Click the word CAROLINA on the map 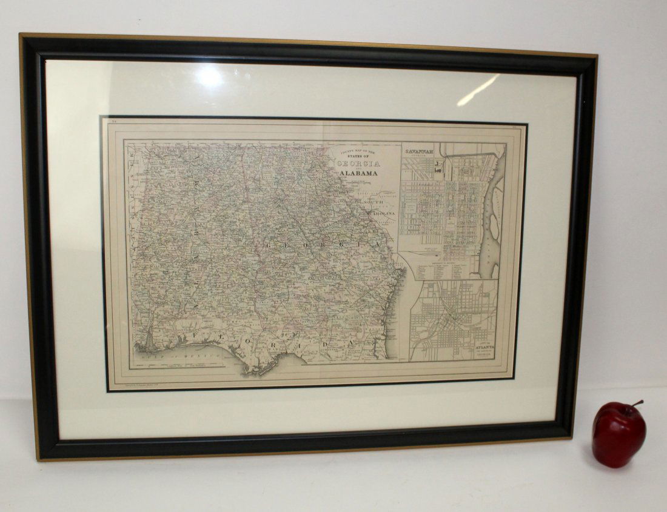pos(380,214)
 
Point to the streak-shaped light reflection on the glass pos(478,90)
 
